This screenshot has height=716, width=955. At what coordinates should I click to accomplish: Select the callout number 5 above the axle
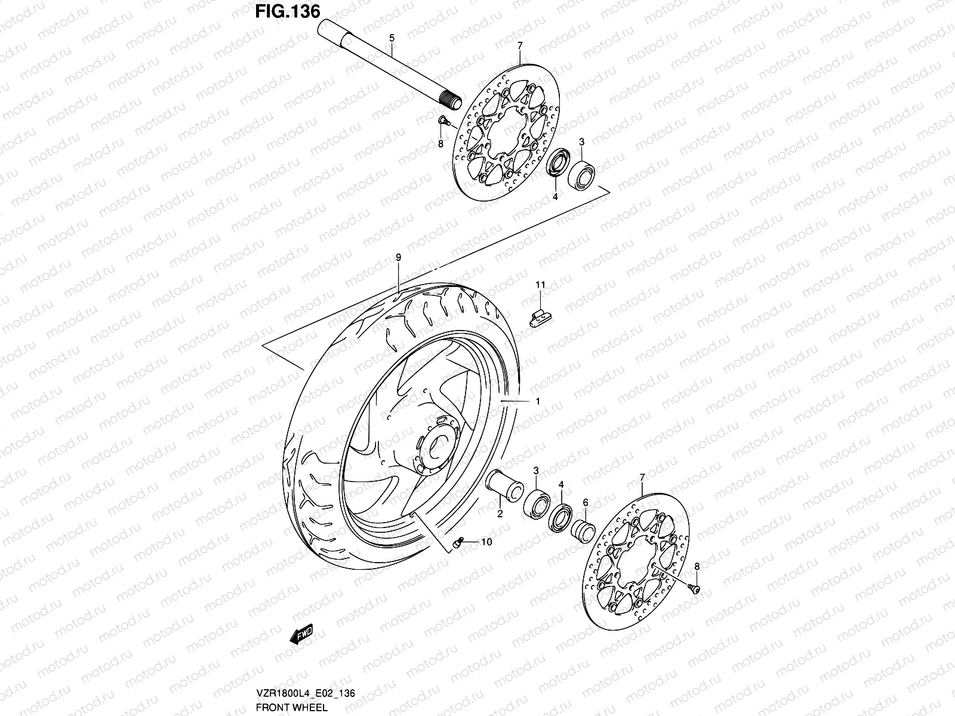(x=392, y=38)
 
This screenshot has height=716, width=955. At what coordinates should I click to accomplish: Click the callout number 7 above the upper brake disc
(x=520, y=45)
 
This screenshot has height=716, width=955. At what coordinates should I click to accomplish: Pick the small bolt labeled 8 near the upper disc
(x=443, y=122)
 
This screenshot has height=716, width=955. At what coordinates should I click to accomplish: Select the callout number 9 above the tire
(x=398, y=257)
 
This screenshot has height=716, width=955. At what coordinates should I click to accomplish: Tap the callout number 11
(x=540, y=285)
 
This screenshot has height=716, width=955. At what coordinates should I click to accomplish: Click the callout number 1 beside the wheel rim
(x=537, y=402)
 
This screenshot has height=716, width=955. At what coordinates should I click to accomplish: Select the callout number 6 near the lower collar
(x=586, y=502)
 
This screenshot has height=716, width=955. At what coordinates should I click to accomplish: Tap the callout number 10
(x=486, y=542)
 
